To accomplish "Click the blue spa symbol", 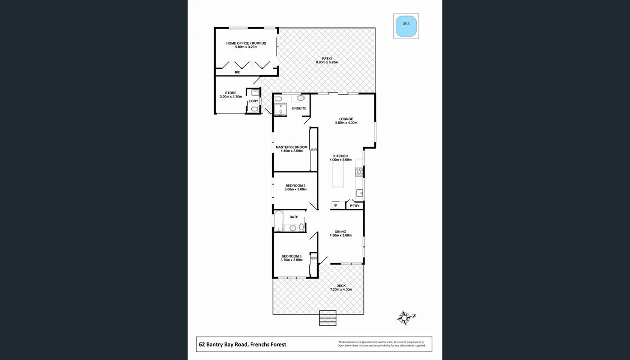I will coord(406,26).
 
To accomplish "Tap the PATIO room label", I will coord(327,58).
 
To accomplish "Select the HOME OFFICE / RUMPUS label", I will coord(246,43).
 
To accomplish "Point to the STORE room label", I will coord(230,93).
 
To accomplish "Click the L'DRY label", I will coord(254,101).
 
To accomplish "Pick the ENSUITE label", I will coord(299,108).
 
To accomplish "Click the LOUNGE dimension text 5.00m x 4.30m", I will coord(346,123).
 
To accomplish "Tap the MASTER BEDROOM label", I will coord(291,147).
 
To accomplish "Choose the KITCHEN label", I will coord(340,156).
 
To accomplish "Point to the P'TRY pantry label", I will coord(354,206).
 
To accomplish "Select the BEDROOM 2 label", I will coord(295,185).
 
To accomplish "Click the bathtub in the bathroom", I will coord(279,221).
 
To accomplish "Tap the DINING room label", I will coord(340,231).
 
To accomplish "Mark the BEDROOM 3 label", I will coord(291,256).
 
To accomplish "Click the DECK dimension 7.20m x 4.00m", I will coord(341,290).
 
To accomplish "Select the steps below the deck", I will coord(328,318).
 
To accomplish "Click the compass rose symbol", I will coord(405,317).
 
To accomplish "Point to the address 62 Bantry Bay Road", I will coord(243,344).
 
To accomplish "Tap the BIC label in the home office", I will coord(237,72).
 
